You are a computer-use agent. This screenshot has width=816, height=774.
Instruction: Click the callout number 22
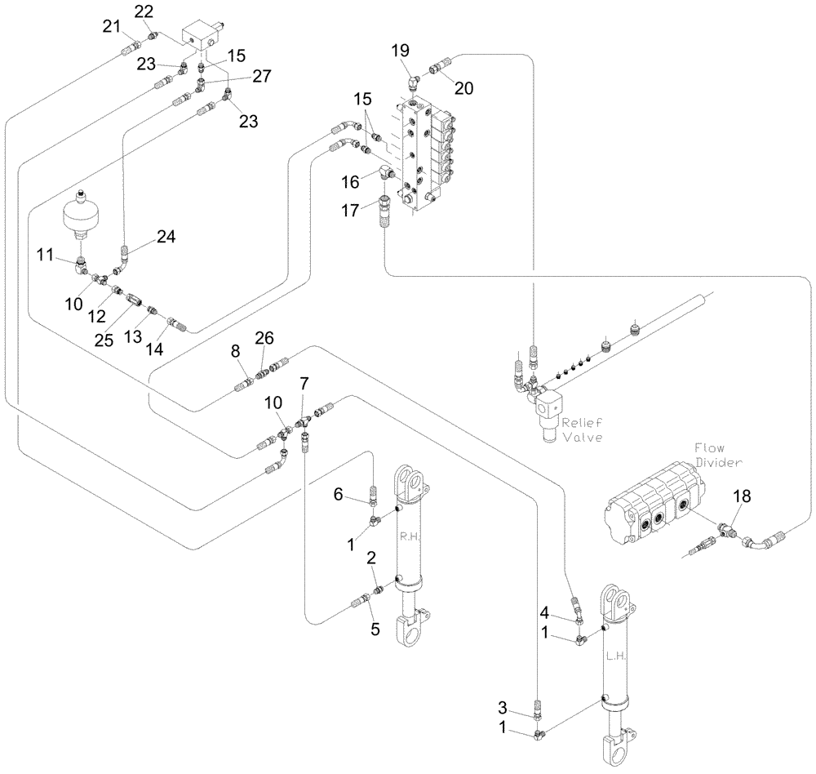[x=143, y=11]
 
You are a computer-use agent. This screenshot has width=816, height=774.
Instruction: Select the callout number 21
[x=111, y=29]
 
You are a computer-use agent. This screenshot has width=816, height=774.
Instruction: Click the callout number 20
[x=463, y=89]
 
